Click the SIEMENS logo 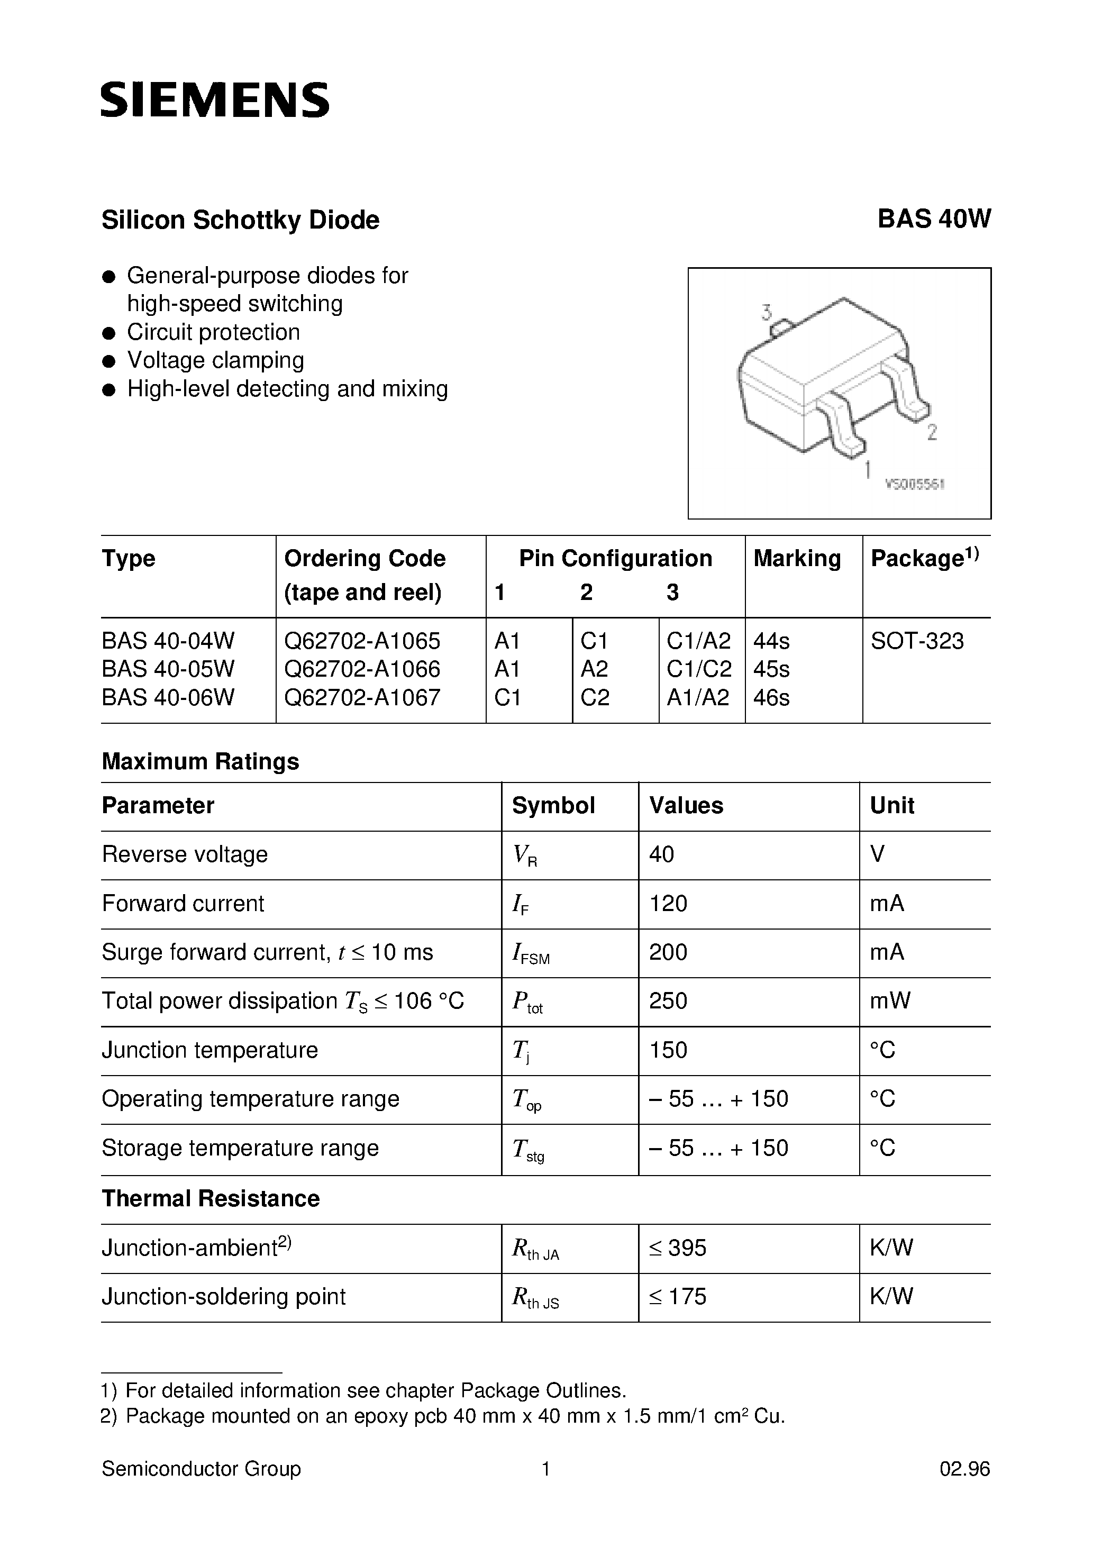click(215, 99)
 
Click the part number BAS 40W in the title click(933, 220)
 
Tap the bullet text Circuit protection click(213, 332)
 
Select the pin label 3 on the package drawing click(766, 313)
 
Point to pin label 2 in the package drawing click(932, 432)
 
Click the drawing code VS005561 click(914, 484)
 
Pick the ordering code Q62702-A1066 click(362, 669)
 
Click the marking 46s click(771, 697)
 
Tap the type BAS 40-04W click(168, 641)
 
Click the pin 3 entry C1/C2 click(699, 669)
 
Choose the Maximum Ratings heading click(200, 761)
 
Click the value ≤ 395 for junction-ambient click(677, 1248)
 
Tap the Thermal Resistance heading click(210, 1199)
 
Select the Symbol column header click(553, 806)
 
